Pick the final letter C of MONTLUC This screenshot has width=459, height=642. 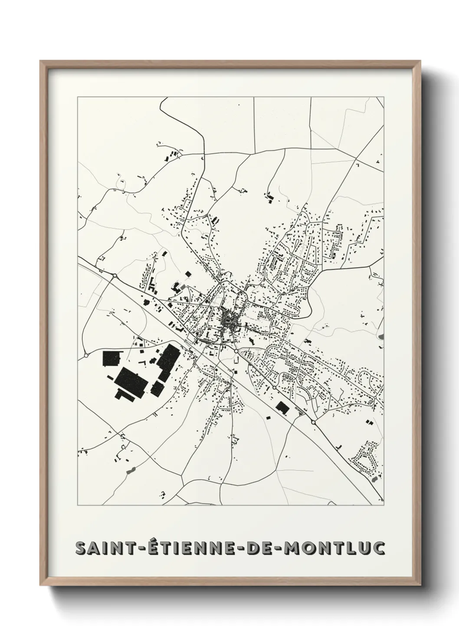[x=378, y=548]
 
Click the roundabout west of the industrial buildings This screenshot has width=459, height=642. [x=86, y=355]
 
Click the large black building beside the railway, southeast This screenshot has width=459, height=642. [x=282, y=407]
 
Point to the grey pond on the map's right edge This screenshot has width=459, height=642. [x=381, y=336]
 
